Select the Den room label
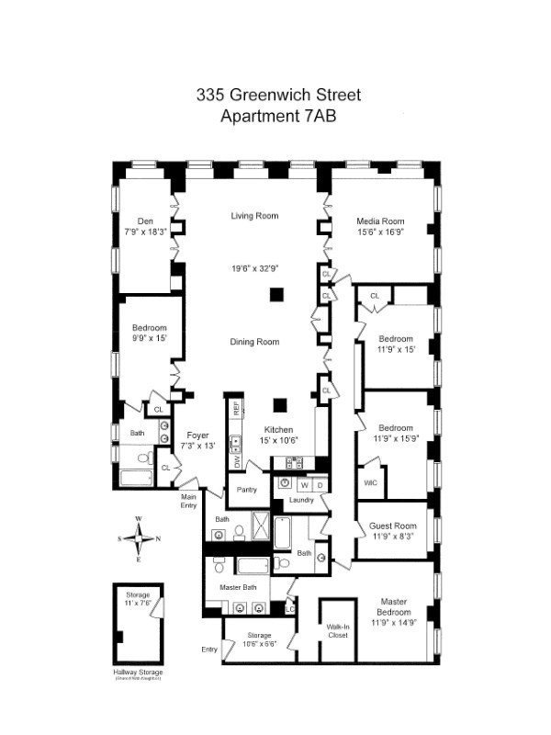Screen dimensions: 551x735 tap(145, 220)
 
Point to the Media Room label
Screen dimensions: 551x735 tap(380, 220)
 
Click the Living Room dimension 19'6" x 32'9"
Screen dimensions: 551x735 tap(254, 269)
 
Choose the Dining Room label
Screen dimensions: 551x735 tap(254, 342)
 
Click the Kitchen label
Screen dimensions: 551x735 tap(278, 429)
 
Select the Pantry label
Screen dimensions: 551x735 tap(245, 490)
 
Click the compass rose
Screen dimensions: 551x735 tap(139, 538)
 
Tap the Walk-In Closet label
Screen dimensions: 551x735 tap(338, 630)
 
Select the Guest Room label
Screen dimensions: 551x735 tap(393, 526)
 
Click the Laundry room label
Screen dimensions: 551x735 tap(301, 500)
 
